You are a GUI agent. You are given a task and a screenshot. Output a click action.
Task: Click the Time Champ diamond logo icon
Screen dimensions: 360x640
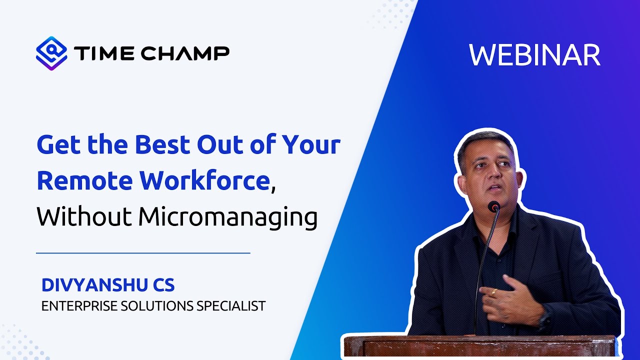coord(51,53)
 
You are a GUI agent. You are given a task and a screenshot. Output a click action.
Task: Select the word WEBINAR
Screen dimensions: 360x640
coord(534,55)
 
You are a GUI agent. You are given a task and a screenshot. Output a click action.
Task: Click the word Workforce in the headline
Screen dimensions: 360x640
coord(204,180)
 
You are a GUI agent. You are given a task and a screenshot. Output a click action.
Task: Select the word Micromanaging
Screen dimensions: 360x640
coord(228,218)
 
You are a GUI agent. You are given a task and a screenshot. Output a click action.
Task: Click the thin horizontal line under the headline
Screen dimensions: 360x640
coord(143,253)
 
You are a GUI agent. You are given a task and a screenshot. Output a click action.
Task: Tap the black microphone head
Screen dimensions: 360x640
coord(494,206)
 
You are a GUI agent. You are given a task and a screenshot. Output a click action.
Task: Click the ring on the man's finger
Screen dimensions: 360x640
coord(494,292)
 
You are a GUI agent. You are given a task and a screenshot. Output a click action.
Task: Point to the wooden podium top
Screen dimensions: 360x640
coord(480,339)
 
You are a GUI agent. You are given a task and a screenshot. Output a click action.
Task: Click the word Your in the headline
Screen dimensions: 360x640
coord(311,145)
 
